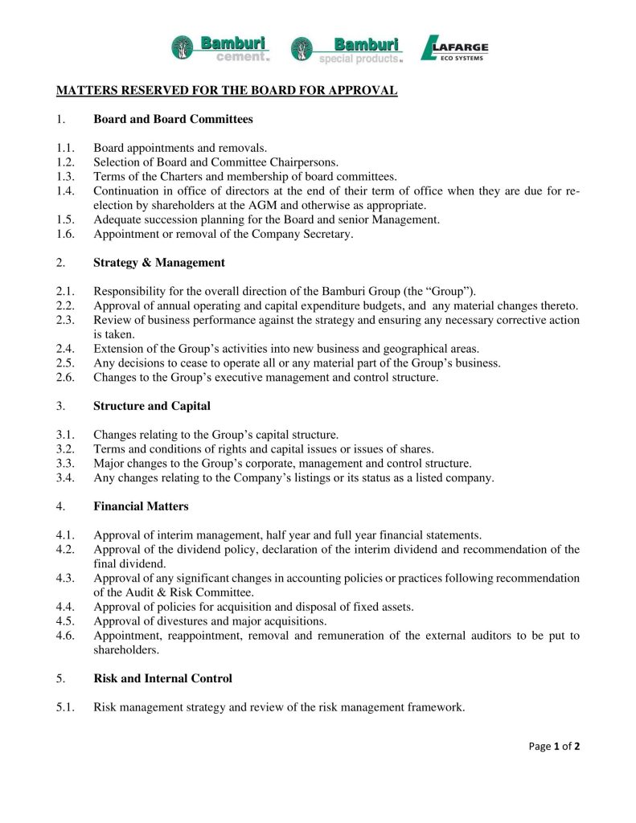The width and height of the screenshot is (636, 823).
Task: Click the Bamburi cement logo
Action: (220, 47)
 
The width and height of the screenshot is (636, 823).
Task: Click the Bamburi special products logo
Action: (346, 49)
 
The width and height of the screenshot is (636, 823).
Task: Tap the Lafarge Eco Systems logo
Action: (454, 48)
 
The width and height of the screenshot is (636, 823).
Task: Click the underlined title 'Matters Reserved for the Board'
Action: (227, 90)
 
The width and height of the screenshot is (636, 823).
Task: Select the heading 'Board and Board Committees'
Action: (173, 119)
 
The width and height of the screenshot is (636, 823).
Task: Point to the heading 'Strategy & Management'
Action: (159, 263)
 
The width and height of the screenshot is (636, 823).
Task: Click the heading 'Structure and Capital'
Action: (152, 406)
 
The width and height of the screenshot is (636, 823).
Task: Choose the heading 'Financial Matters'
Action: (142, 506)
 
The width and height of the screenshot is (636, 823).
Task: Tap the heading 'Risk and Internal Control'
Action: (162, 678)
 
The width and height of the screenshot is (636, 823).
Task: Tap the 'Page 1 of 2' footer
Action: (554, 746)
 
